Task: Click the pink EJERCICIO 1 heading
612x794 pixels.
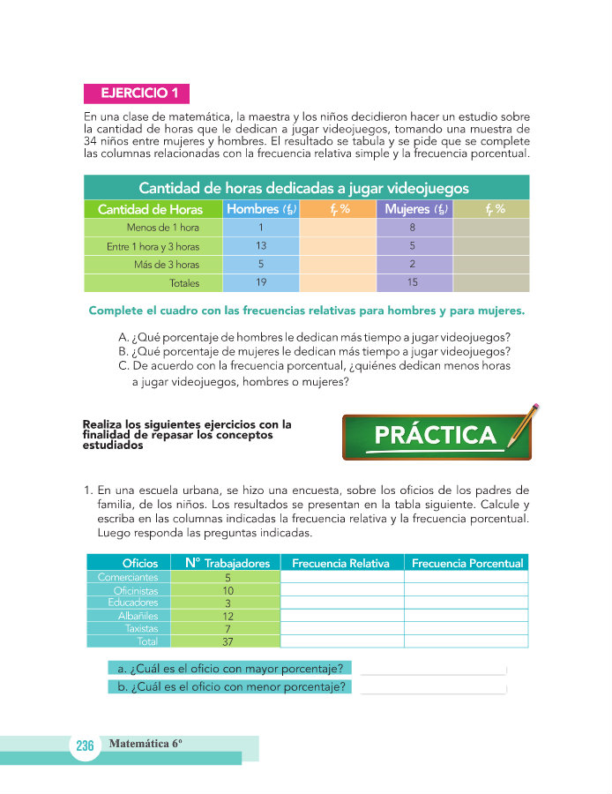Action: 136,93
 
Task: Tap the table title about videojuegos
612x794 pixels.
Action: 304,188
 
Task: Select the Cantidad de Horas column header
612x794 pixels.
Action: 150,209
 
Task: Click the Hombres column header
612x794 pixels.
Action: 260,209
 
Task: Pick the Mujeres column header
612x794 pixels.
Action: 414,209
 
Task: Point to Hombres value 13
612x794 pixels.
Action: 261,246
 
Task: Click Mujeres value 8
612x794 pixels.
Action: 413,228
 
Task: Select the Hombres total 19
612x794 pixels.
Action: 261,283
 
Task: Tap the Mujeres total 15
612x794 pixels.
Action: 413,283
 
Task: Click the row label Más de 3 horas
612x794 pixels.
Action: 167,265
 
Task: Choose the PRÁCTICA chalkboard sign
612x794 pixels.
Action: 435,436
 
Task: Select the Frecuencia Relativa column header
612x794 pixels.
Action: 341,563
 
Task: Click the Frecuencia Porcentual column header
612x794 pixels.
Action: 466,563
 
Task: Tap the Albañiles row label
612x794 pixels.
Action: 138,616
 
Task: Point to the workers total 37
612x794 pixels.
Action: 228,642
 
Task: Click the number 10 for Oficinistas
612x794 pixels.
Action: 228,590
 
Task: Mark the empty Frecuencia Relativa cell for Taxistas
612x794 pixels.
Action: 341,629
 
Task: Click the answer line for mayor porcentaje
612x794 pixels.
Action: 432,668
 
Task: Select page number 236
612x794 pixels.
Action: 85,746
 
